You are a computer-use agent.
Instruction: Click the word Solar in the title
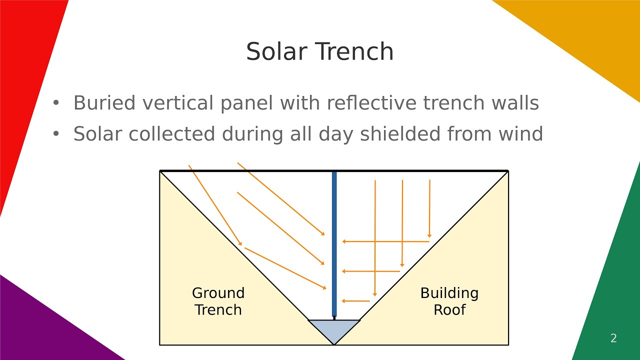276,52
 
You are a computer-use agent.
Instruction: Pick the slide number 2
613,338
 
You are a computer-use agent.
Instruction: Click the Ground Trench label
218,301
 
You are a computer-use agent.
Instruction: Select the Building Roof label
449,301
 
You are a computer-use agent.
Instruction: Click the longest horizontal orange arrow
385,241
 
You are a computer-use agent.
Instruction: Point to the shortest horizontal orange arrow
356,301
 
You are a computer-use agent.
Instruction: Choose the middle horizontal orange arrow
371,271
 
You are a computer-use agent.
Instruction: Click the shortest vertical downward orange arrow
429,208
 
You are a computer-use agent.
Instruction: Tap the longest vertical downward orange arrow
375,238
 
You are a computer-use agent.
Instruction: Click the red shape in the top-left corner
25,75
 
